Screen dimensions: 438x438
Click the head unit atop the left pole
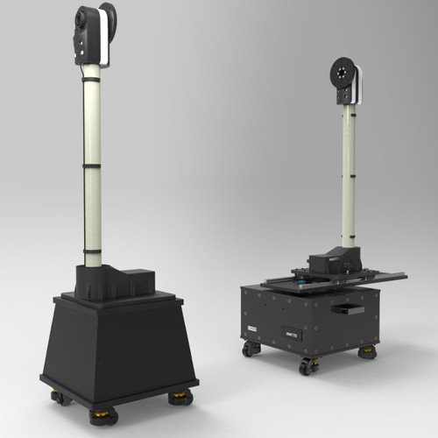tap(92, 33)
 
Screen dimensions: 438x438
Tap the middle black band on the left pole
tap(92, 164)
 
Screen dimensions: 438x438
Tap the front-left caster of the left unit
tap(60, 399)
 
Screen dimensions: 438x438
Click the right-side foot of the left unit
tap(180, 399)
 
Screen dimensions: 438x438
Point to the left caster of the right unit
tap(251, 349)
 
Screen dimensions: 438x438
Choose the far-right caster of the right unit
tap(368, 352)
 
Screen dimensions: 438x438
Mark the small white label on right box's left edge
tap(251, 328)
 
